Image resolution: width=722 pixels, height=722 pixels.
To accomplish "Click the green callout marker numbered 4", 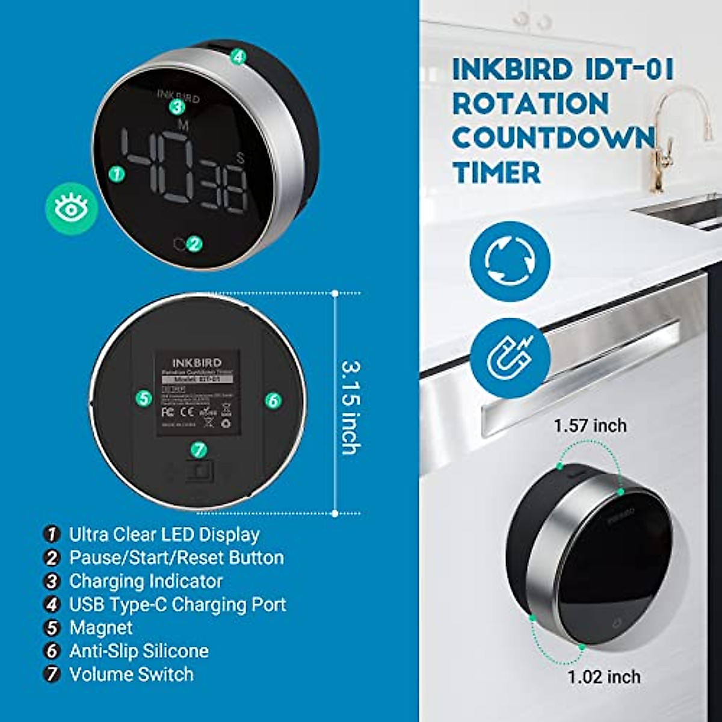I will coord(238,57).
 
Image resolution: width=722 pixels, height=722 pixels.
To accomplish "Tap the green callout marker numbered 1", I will coord(117,174).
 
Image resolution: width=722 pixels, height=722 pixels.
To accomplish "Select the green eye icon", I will coord(72,208).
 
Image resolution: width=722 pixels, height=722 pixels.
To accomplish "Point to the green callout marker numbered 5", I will coord(143,398).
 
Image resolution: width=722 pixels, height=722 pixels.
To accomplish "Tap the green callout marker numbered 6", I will coord(273,400).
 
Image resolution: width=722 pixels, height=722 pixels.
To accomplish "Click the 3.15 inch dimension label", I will coord(351,407).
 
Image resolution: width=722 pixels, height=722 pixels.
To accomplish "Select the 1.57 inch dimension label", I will coord(590,426).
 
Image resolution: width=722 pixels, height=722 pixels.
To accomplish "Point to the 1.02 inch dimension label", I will coord(603,677).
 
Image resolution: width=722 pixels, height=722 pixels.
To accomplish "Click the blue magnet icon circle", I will coord(510,358).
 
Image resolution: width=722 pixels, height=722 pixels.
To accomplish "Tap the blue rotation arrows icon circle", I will coord(510,261).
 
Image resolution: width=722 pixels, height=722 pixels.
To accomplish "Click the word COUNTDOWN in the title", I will coord(554,138).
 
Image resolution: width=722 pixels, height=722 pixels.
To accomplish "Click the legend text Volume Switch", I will coord(131,674).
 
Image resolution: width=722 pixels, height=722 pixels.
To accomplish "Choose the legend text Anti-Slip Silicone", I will coord(139,651).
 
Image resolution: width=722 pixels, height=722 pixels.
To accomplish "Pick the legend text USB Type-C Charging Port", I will coord(177,604).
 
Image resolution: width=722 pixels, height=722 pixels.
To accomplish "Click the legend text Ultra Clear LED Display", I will coord(164,534).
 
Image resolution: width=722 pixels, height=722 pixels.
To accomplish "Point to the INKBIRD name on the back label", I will coord(197,363).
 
